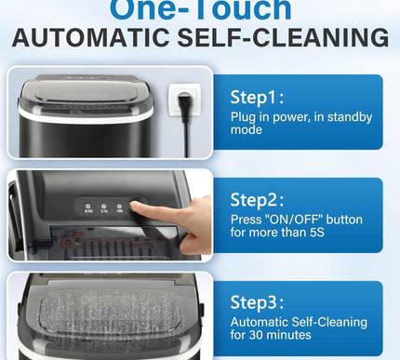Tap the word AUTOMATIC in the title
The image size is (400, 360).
95,38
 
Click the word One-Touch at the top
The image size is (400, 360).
200,8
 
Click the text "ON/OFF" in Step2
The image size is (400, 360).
289,220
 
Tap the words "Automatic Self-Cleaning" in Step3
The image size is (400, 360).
293,323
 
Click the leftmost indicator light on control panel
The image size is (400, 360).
88,209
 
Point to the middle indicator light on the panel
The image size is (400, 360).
104,209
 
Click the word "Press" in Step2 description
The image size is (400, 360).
247,220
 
